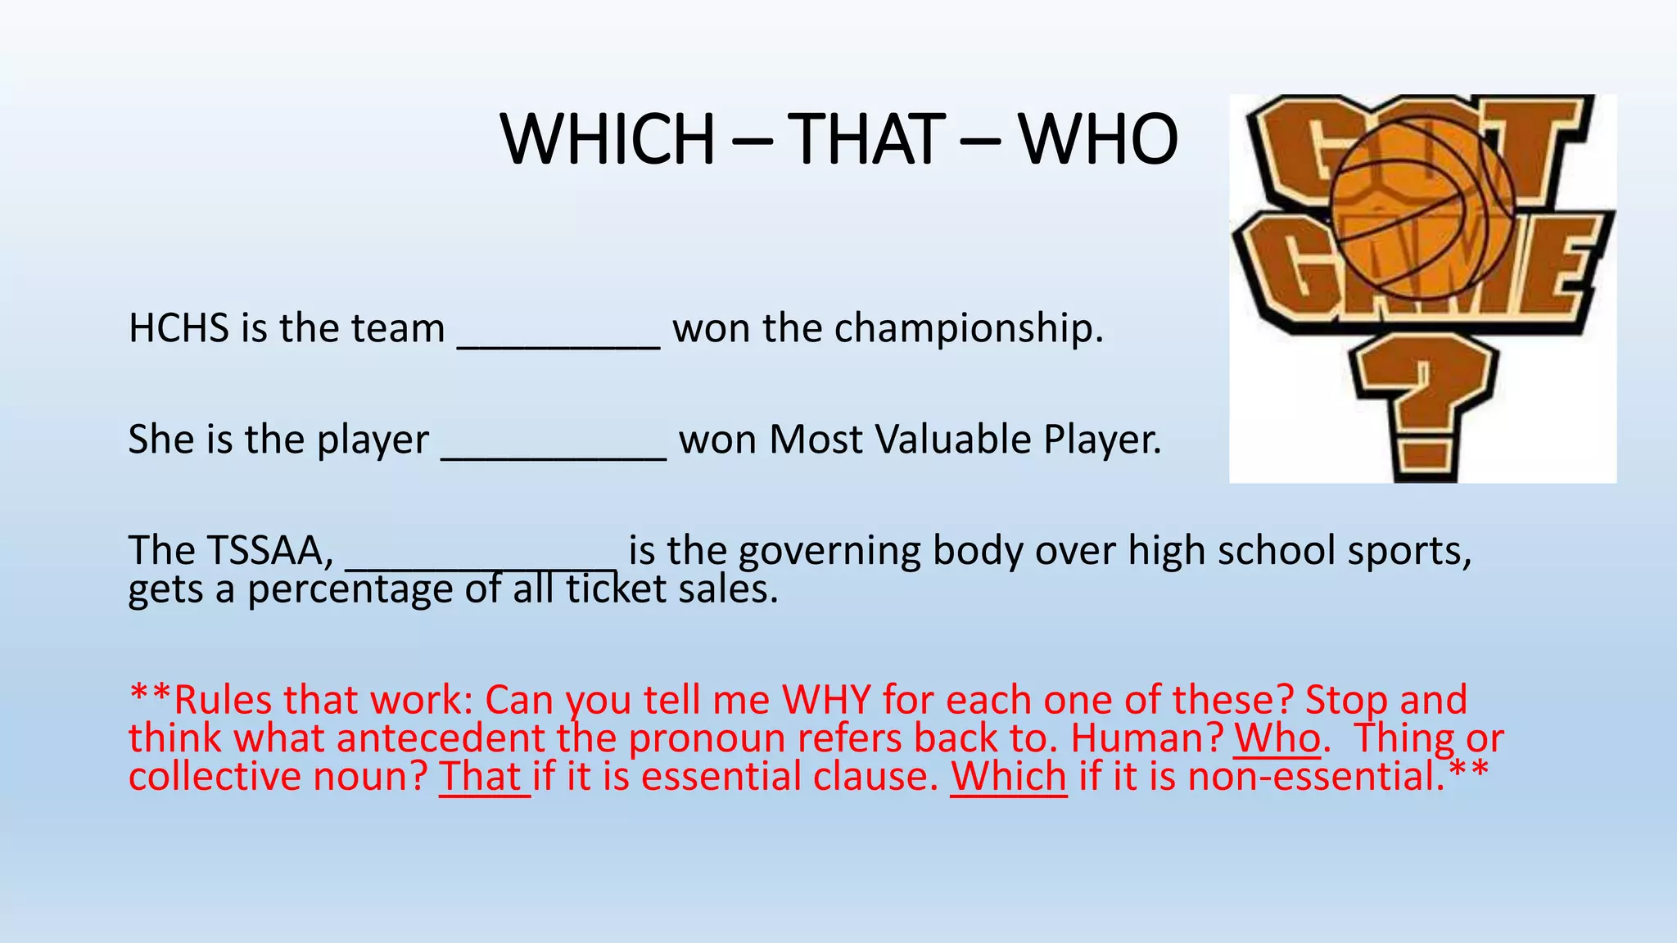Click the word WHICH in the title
click(608, 138)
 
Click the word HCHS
click(179, 328)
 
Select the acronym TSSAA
click(271, 550)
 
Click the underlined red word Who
click(1277, 738)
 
